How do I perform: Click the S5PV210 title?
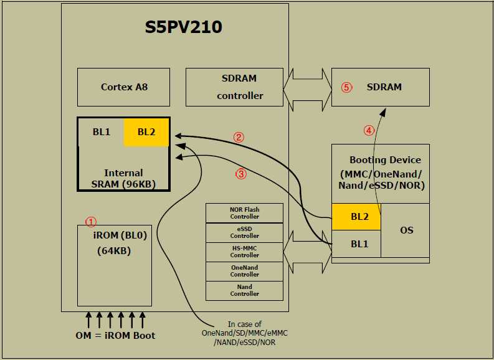pyautogui.click(x=183, y=28)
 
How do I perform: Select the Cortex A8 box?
pyautogui.click(x=124, y=87)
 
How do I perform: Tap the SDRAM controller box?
pyautogui.click(x=239, y=87)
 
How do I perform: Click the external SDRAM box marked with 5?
pyautogui.click(x=381, y=87)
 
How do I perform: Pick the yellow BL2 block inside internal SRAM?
pyautogui.click(x=146, y=132)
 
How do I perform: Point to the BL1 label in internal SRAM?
pyautogui.click(x=101, y=132)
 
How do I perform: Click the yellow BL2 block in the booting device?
pyautogui.click(x=356, y=217)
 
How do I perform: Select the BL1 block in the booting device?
pyautogui.click(x=356, y=244)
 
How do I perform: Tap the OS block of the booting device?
pyautogui.click(x=406, y=230)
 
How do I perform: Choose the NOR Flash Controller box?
pyautogui.click(x=244, y=213)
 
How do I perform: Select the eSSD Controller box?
pyautogui.click(x=244, y=232)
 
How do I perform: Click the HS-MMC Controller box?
pyautogui.click(x=244, y=252)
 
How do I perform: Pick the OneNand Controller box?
pyautogui.click(x=244, y=271)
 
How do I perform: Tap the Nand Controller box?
pyautogui.click(x=244, y=290)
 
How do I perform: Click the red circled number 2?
pyautogui.click(x=238, y=137)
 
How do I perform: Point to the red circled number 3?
pyautogui.click(x=240, y=174)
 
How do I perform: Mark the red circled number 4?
pyautogui.click(x=369, y=131)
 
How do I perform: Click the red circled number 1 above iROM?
pyautogui.click(x=91, y=221)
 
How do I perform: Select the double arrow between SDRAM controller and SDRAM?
pyautogui.click(x=310, y=87)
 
